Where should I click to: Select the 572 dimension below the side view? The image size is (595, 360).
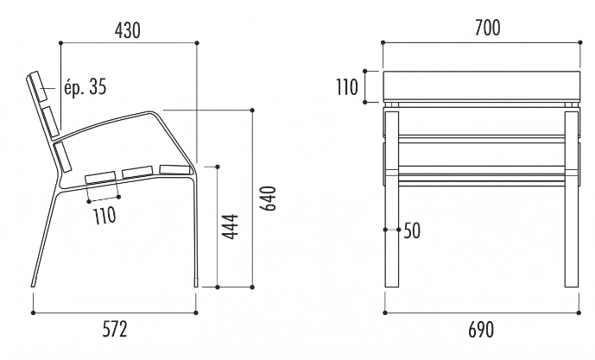pyautogui.click(x=114, y=328)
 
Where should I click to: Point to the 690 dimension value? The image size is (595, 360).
pyautogui.click(x=480, y=329)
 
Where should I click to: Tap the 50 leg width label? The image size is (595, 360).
pyautogui.click(x=412, y=231)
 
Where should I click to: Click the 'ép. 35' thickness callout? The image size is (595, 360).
pyautogui.click(x=85, y=87)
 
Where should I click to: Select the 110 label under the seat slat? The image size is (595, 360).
pyautogui.click(x=104, y=215)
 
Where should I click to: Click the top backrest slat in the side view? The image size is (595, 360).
pyautogui.click(x=39, y=86)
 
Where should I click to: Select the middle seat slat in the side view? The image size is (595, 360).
pyautogui.click(x=137, y=173)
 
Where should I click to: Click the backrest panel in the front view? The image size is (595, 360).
pyautogui.click(x=480, y=86)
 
